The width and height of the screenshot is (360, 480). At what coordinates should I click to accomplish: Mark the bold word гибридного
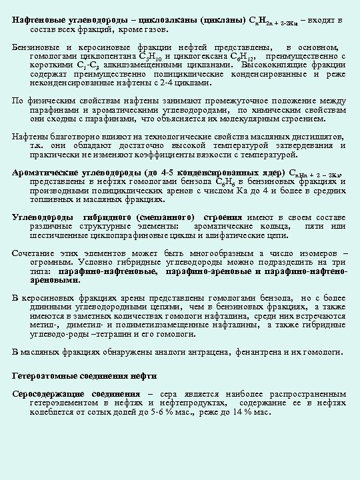pyautogui.click(x=111, y=217)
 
